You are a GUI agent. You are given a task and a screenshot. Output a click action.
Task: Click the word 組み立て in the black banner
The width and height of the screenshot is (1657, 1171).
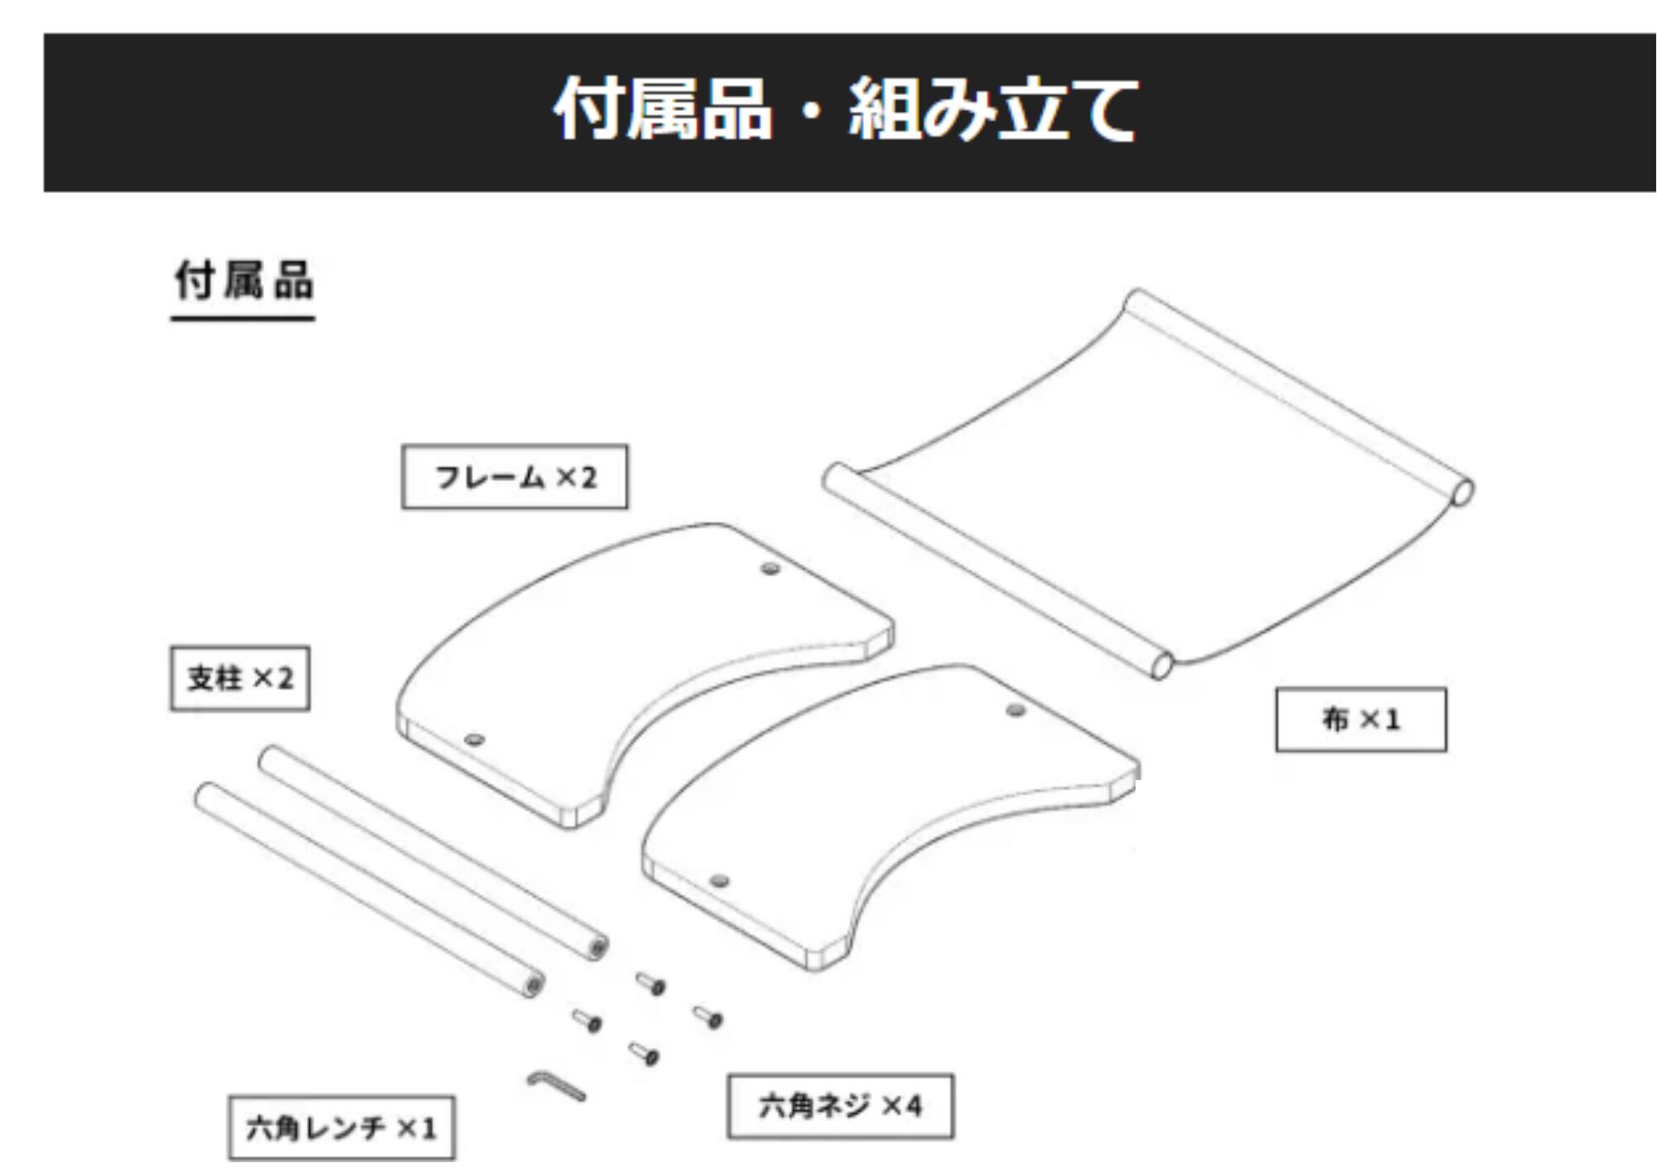pos(993,109)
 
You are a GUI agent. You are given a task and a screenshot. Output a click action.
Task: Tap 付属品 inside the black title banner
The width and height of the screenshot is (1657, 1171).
pos(663,109)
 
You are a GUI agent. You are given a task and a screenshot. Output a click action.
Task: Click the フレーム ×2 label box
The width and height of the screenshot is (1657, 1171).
pos(514,477)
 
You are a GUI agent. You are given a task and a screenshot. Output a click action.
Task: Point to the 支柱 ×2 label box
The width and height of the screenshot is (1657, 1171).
pos(240,679)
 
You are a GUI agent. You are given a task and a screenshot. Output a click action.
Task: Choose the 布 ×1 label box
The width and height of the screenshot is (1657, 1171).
pos(1360,720)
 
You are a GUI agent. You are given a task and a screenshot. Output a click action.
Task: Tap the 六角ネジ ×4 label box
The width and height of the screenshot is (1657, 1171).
pos(840,1106)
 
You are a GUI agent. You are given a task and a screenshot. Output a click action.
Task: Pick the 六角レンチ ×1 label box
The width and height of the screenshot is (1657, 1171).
pos(341,1128)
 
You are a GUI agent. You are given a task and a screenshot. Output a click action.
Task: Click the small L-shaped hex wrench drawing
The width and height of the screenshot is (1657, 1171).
pos(555,1086)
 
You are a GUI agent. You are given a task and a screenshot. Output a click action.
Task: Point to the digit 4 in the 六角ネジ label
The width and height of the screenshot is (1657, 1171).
pos(913,1106)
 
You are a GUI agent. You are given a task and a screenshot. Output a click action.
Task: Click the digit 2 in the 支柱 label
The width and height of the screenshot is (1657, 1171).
pos(284,679)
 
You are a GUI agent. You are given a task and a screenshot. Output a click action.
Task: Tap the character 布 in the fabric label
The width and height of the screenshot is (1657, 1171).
pos(1335,720)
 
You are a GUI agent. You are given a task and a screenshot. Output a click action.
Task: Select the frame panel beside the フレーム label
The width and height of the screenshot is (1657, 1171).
pos(630,663)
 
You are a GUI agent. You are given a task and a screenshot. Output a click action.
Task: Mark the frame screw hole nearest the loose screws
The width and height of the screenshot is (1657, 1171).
pos(719,880)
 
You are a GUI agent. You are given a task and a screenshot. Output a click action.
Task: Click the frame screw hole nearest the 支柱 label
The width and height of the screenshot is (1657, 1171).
pos(473,740)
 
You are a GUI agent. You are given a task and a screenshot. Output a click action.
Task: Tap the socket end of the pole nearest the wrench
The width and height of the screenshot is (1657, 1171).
pos(534,985)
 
